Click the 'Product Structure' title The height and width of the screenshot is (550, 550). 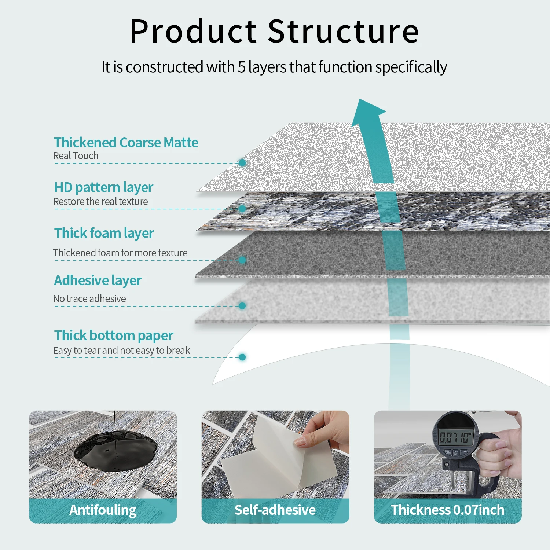click(274, 31)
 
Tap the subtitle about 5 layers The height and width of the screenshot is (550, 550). click(274, 67)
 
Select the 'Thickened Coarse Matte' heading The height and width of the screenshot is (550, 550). click(126, 143)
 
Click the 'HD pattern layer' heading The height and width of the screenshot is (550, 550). click(104, 188)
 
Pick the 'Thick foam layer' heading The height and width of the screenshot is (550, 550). click(104, 234)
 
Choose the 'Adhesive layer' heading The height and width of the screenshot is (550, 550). click(98, 281)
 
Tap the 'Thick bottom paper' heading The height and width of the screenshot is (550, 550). click(114, 336)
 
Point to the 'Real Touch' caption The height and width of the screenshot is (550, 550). click(76, 156)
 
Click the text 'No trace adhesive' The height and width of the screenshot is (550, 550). click(89, 299)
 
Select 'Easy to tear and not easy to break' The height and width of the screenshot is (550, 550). click(122, 351)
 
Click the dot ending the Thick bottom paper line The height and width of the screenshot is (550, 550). click(242, 357)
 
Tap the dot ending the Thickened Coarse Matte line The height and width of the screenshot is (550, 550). click(242, 163)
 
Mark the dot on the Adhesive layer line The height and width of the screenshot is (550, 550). click(242, 306)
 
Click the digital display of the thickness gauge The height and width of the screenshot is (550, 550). click(455, 437)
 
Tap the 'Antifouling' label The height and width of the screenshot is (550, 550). click(103, 510)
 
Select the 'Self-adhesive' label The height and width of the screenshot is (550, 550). click(275, 510)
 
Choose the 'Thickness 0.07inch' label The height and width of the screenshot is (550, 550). click(448, 510)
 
